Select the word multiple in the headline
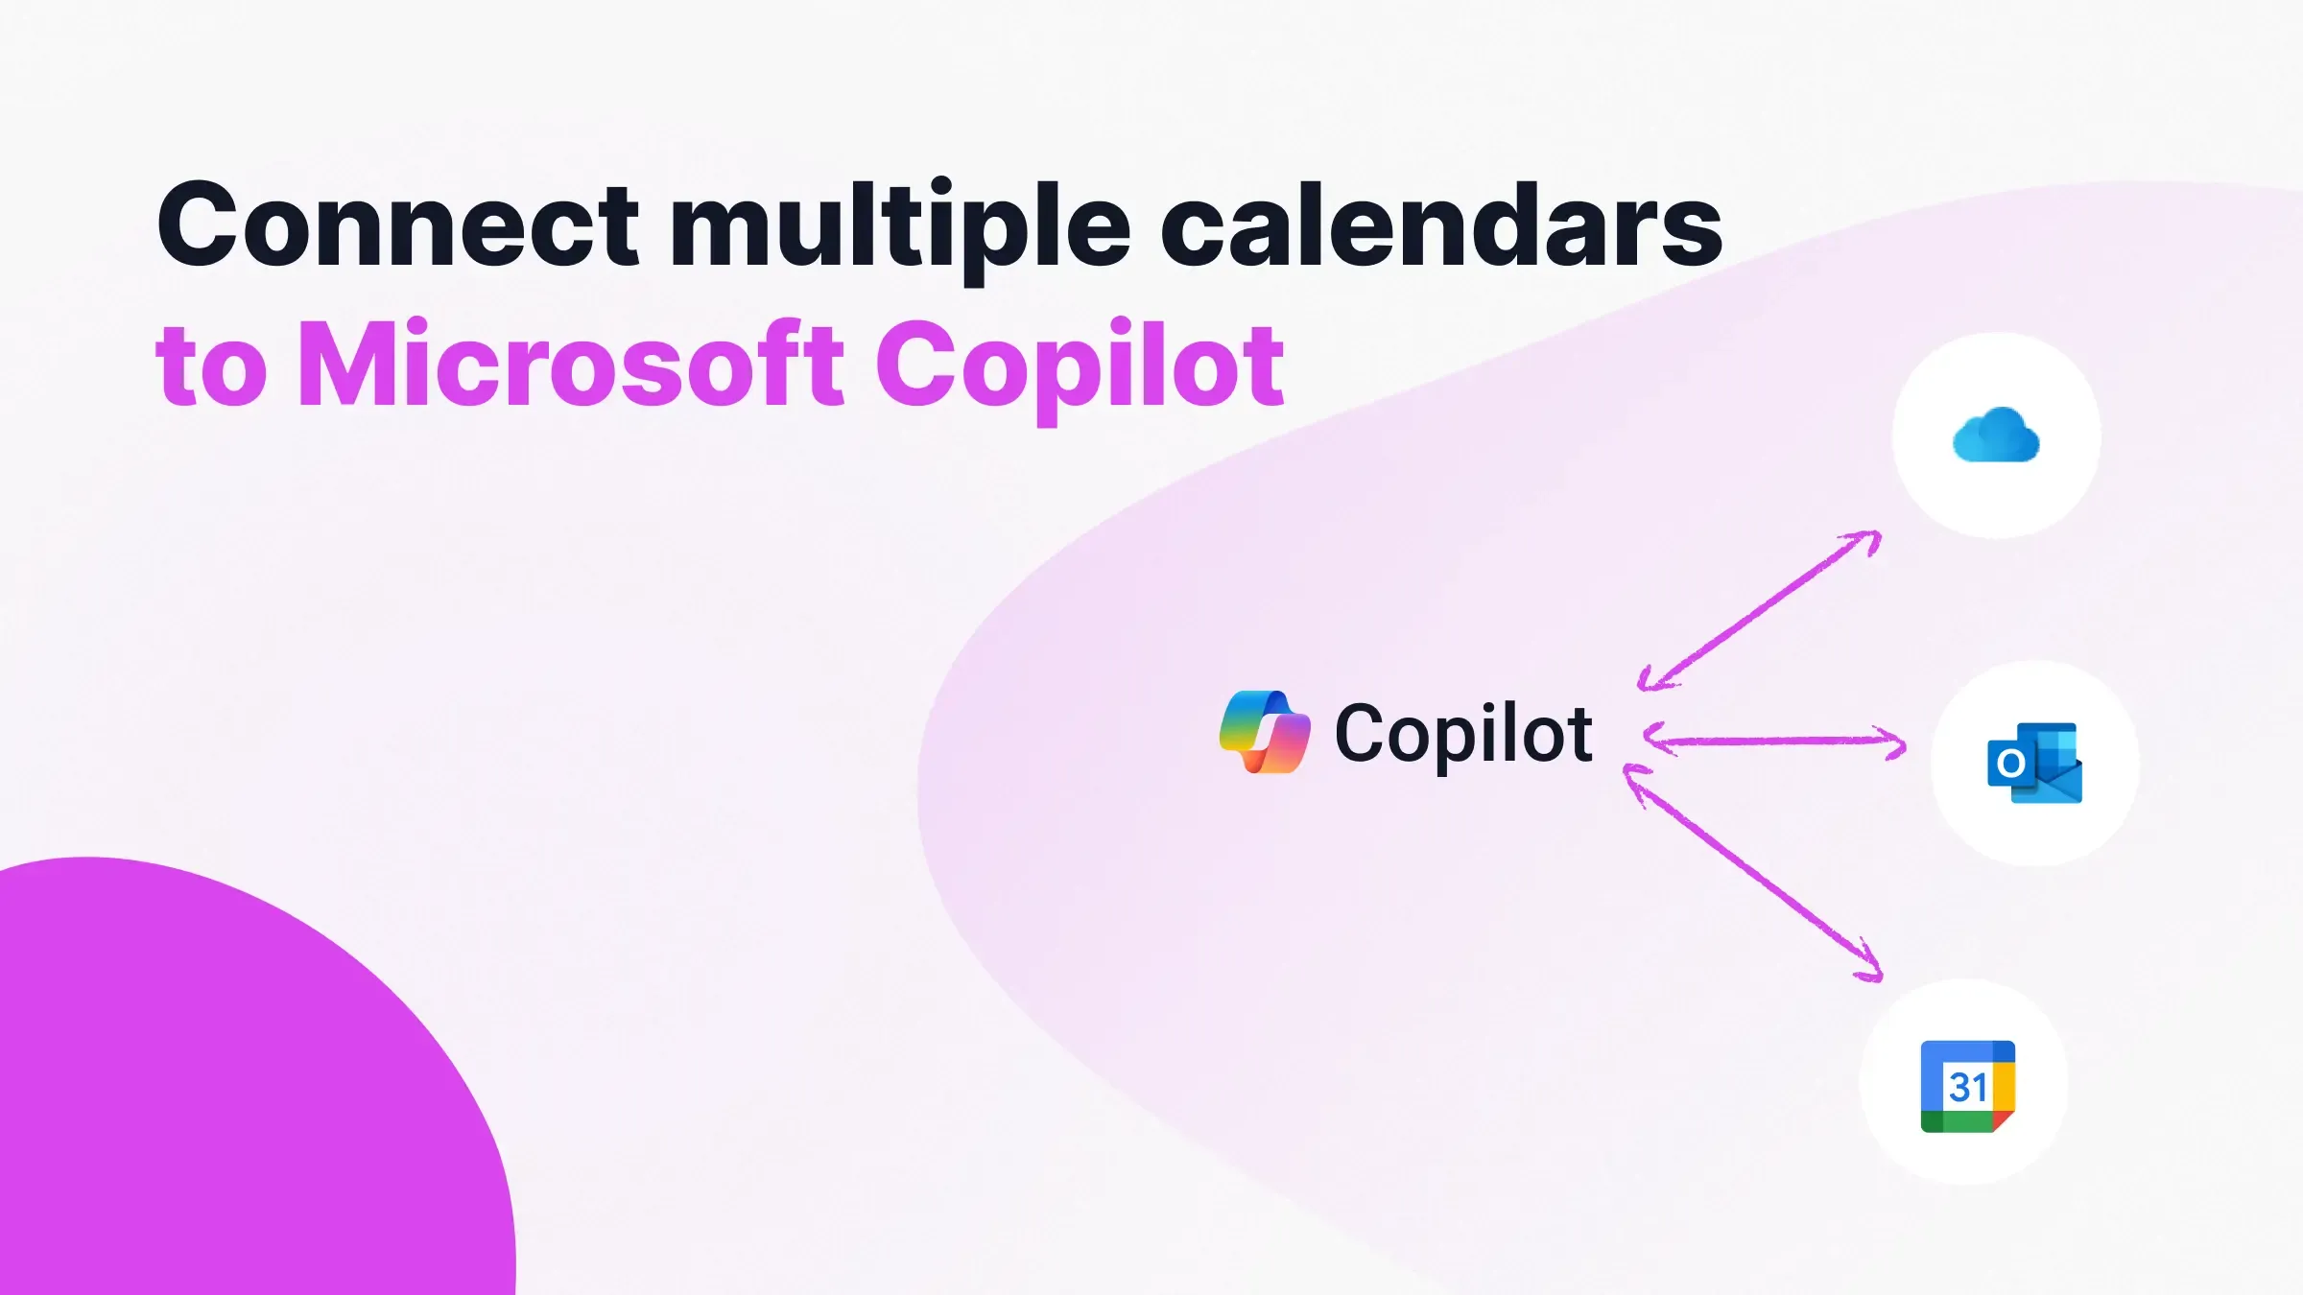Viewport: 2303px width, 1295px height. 900,226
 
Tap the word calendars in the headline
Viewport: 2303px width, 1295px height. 1441,226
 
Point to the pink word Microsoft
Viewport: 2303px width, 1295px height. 571,365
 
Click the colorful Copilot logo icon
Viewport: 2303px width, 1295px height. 1264,732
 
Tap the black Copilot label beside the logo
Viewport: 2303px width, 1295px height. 1463,735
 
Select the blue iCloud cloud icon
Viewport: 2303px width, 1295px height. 1996,436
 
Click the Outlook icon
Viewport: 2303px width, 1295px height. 2034,764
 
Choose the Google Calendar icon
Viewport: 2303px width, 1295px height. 1967,1086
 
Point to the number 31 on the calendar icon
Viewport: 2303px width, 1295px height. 1967,1088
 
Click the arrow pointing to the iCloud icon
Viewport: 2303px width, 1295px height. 1760,610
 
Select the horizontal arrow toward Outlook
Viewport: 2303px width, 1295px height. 1775,741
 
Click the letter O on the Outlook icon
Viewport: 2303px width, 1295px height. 2010,765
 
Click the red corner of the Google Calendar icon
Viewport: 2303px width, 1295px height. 2003,1120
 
